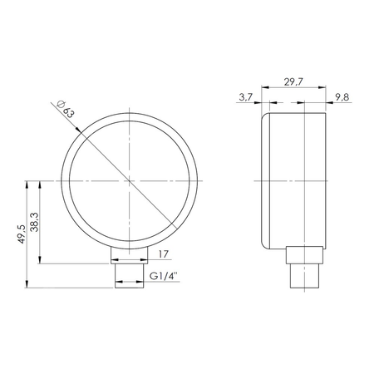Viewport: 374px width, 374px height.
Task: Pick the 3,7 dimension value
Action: pyautogui.click(x=244, y=98)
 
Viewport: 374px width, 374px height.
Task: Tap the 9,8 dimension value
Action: pyautogui.click(x=342, y=98)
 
